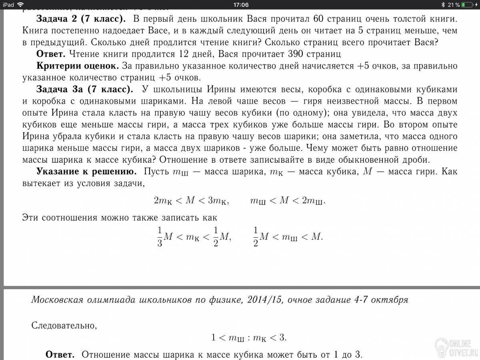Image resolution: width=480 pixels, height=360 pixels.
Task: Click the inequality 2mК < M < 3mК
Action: tap(191, 201)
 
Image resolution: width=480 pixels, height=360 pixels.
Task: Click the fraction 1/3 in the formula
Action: tap(160, 237)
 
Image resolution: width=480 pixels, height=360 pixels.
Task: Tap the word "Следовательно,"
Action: tap(64, 325)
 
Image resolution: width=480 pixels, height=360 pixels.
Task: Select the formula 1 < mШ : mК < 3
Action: tap(249, 338)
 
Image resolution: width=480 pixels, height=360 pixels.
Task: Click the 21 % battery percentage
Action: tap(453, 5)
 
